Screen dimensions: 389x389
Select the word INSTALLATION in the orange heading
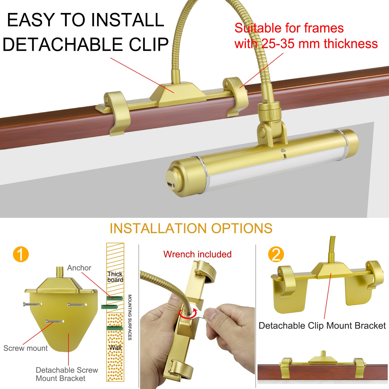tap(158, 228)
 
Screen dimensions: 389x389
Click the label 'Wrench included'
tap(197, 254)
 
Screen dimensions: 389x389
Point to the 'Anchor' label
tap(79, 268)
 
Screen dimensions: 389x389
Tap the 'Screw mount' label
tap(25, 348)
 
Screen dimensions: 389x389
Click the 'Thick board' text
tap(115, 277)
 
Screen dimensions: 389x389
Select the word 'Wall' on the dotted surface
tap(115, 348)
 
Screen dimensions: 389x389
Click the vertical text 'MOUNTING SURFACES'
tap(130, 317)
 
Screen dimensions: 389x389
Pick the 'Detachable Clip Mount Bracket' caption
tap(322, 325)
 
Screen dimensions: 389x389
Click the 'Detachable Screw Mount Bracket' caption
tap(67, 374)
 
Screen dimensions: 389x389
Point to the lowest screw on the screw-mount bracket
tap(55, 322)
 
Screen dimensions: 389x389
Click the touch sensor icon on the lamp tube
tap(283, 150)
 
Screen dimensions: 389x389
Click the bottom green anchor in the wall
tap(115, 328)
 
